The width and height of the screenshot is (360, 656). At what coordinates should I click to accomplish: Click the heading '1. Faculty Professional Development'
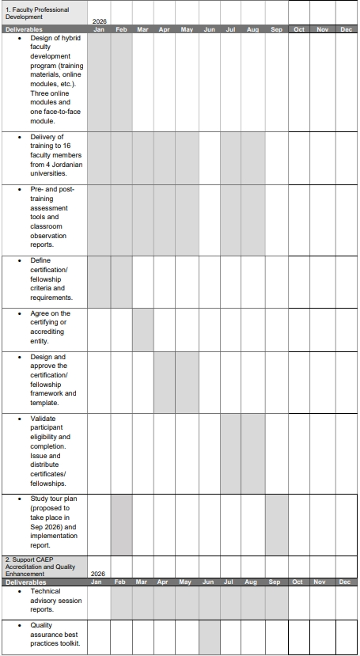coord(36,13)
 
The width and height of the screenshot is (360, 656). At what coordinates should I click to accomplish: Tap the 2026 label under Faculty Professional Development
coord(99,22)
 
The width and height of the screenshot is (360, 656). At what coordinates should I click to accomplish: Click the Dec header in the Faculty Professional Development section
coord(346,29)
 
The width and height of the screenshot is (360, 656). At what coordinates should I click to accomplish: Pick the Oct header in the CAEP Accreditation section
coord(298,582)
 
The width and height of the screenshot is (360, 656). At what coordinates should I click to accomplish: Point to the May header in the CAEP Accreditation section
coord(187,582)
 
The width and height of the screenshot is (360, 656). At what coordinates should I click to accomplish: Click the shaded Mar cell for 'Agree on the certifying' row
coord(143,329)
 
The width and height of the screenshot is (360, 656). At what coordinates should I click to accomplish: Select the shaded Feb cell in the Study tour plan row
coord(121,524)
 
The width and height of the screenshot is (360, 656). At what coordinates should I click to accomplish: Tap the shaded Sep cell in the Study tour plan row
coord(276,524)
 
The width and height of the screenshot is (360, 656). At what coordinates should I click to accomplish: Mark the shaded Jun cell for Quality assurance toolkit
coord(209,636)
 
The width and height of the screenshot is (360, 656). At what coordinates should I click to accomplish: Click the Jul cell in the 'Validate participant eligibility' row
coord(231,453)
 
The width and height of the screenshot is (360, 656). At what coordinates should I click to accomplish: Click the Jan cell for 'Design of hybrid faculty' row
coord(99,82)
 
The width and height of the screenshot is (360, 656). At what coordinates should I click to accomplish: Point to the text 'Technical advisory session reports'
coord(52,601)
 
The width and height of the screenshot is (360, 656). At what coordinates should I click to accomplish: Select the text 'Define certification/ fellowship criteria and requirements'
coord(51,279)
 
